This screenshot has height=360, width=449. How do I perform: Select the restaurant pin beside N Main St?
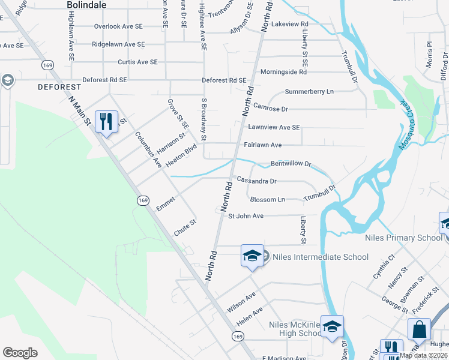[x=106, y=122]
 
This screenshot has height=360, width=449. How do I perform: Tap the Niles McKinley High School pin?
[x=332, y=327]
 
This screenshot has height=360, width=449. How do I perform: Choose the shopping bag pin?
[x=419, y=329]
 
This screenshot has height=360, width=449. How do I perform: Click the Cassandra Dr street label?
[x=256, y=181]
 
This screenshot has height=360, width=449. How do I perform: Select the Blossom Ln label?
[x=267, y=199]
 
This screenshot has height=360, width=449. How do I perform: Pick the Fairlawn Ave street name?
[x=263, y=145]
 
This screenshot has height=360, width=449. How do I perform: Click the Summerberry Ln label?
[x=309, y=92]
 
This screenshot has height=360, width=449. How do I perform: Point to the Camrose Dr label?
[x=271, y=109]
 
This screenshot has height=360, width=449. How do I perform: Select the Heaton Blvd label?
[x=181, y=155]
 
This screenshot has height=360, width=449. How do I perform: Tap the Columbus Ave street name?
[x=148, y=149]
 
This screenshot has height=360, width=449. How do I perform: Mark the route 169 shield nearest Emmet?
[x=142, y=200]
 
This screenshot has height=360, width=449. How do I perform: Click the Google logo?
[x=20, y=353]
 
